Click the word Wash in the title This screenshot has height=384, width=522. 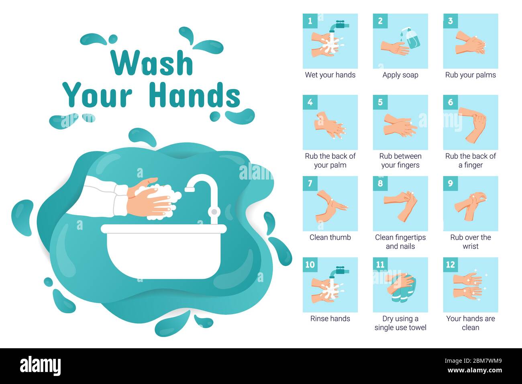(152, 63)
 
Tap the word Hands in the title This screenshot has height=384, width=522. (195, 95)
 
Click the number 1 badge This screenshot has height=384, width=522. (310, 21)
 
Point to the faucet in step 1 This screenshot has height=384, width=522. (339, 26)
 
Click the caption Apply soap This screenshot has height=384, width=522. (400, 75)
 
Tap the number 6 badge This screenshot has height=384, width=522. (450, 102)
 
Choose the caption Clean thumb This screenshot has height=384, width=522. (330, 237)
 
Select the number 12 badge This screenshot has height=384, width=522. (450, 265)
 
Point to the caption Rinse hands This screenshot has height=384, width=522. (330, 319)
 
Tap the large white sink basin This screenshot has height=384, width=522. (163, 252)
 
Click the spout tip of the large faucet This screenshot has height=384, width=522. (190, 189)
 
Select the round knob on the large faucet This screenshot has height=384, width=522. (214, 212)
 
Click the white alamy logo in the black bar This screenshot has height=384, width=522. (40, 366)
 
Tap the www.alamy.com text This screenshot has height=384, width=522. (475, 370)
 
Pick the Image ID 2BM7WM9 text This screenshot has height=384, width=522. (473, 361)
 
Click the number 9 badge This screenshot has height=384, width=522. (450, 184)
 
